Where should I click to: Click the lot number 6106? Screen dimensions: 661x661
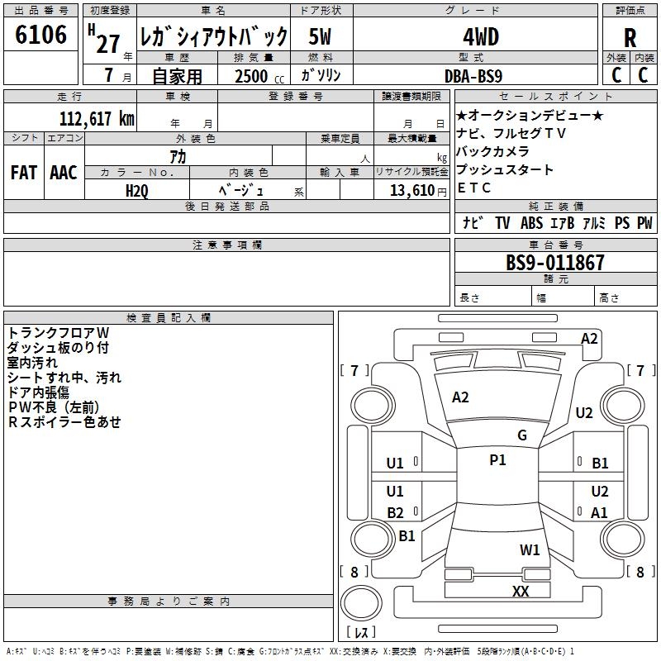(40, 35)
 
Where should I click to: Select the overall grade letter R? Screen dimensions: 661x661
(630, 38)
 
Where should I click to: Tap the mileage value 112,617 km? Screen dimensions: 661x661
(97, 119)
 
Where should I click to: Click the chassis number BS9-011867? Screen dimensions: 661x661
(555, 262)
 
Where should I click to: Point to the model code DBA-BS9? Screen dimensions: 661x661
(473, 76)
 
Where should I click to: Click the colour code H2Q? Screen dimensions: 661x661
(137, 191)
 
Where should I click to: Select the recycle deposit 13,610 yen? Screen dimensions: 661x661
(418, 191)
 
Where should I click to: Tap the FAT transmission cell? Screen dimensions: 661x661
(24, 173)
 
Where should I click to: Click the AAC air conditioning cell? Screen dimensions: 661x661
(64, 173)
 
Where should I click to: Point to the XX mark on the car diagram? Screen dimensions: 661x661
(521, 591)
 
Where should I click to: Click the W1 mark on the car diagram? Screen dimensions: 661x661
(530, 549)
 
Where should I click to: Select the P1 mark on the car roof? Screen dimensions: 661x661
(497, 460)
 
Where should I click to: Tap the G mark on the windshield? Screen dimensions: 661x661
(522, 435)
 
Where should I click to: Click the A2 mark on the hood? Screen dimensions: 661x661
(460, 397)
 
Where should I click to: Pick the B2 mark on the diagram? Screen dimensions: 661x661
(396, 512)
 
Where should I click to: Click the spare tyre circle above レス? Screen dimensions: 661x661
(361, 602)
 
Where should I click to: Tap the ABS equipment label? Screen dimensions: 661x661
(531, 222)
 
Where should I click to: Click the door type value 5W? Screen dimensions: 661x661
(320, 36)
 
